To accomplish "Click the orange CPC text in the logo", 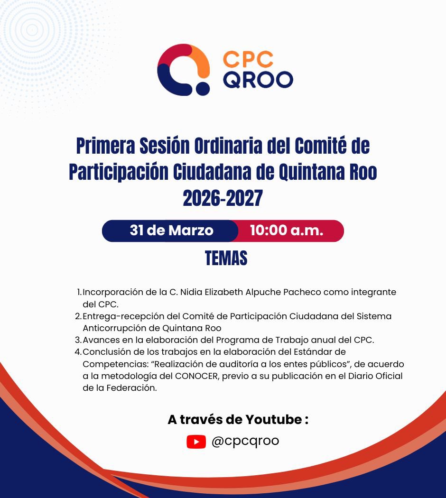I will (x=248, y=60).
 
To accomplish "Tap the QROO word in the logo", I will (x=258, y=80).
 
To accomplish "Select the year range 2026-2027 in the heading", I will (x=223, y=198).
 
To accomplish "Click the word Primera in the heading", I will (x=105, y=147).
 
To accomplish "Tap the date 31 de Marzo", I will (x=171, y=231).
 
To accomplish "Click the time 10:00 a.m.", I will (x=287, y=231).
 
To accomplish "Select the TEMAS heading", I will (x=226, y=258).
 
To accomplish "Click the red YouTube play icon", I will (x=196, y=442).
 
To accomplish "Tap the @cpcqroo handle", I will (x=245, y=441).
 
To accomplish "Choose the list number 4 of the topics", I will (x=78, y=351).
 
